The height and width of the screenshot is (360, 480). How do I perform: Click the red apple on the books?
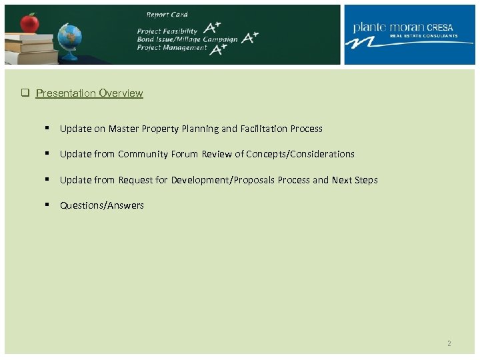tap(29, 23)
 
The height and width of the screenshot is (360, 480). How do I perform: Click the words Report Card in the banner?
tap(167, 15)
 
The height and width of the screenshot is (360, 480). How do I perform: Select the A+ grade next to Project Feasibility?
tap(213, 28)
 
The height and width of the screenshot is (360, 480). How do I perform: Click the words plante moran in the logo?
tap(389, 27)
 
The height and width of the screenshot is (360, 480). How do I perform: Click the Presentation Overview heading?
tap(89, 93)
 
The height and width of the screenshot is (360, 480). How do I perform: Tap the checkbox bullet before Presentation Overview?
tap(23, 93)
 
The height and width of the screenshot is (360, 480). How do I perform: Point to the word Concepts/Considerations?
tap(300, 154)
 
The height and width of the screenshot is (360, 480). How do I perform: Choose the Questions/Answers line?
tap(102, 205)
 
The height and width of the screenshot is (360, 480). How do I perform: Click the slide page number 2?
tap(449, 344)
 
